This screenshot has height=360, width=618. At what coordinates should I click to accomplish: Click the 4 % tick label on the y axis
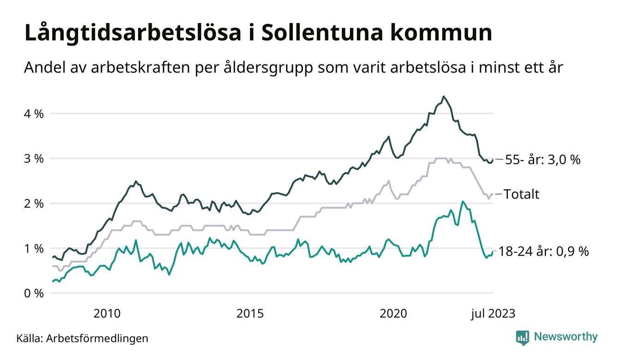point(34,114)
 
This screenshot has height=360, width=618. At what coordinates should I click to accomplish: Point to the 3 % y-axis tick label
point(34,158)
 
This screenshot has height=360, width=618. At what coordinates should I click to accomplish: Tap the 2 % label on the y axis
point(34,204)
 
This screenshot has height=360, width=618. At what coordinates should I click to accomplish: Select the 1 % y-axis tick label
point(34,248)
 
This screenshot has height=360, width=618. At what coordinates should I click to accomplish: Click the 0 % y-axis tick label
point(34,294)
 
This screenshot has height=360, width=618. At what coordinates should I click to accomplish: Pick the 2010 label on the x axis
point(107,314)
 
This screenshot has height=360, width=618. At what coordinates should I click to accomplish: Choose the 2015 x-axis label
point(250,314)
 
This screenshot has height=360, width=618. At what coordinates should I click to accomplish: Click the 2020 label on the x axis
point(393,314)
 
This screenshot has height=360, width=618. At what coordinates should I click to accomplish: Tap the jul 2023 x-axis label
point(493,314)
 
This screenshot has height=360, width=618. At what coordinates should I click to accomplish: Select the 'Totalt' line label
point(521,194)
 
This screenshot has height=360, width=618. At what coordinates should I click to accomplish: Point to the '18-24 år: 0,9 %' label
point(547,252)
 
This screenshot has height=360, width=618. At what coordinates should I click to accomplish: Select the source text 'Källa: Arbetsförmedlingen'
point(82,338)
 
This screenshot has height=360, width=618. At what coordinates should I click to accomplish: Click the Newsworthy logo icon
point(523,337)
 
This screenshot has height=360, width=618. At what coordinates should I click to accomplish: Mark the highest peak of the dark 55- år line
point(443,96)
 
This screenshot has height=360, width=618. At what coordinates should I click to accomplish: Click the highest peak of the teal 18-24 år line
point(463,201)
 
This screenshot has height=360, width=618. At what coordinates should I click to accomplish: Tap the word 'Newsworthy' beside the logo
point(565,337)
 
